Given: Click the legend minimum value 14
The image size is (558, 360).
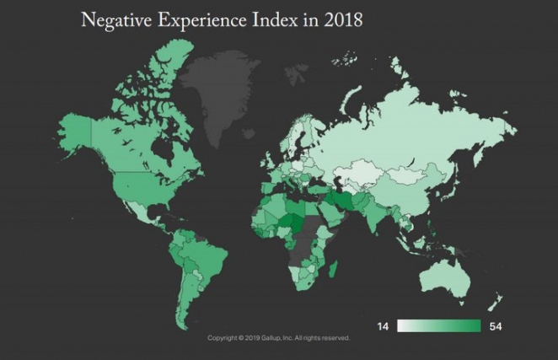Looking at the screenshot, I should click(x=383, y=326).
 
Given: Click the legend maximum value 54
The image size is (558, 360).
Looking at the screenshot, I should click(x=495, y=326).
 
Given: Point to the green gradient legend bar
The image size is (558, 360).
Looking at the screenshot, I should click(x=438, y=326).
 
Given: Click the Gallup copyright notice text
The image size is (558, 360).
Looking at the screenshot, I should click(x=279, y=338).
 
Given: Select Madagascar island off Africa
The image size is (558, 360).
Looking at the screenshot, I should click(x=335, y=271).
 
